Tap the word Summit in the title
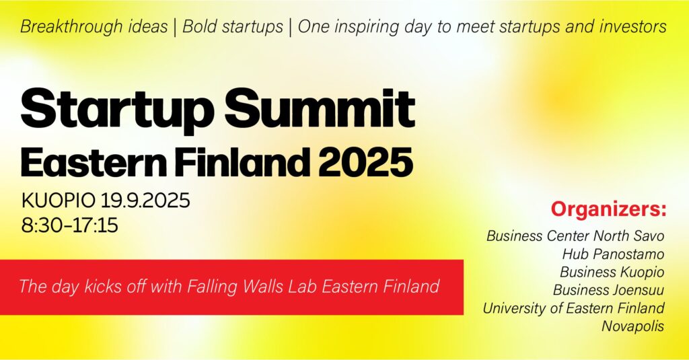pos(320,108)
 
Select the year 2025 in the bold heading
pos(365,162)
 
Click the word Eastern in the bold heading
pos(94,162)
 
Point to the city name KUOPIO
pos(58,201)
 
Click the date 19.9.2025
pos(145,201)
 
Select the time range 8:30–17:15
pos(69,225)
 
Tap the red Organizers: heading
pos(608,209)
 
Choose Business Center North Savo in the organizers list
pos(575,236)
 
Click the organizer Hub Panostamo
pos(613,254)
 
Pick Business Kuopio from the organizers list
pos(612,272)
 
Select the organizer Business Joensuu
pos(608,290)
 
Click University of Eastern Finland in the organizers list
pos(573,308)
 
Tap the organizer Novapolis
pos(632,326)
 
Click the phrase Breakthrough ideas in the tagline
pos(94,26)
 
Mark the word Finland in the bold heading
pos(242,162)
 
